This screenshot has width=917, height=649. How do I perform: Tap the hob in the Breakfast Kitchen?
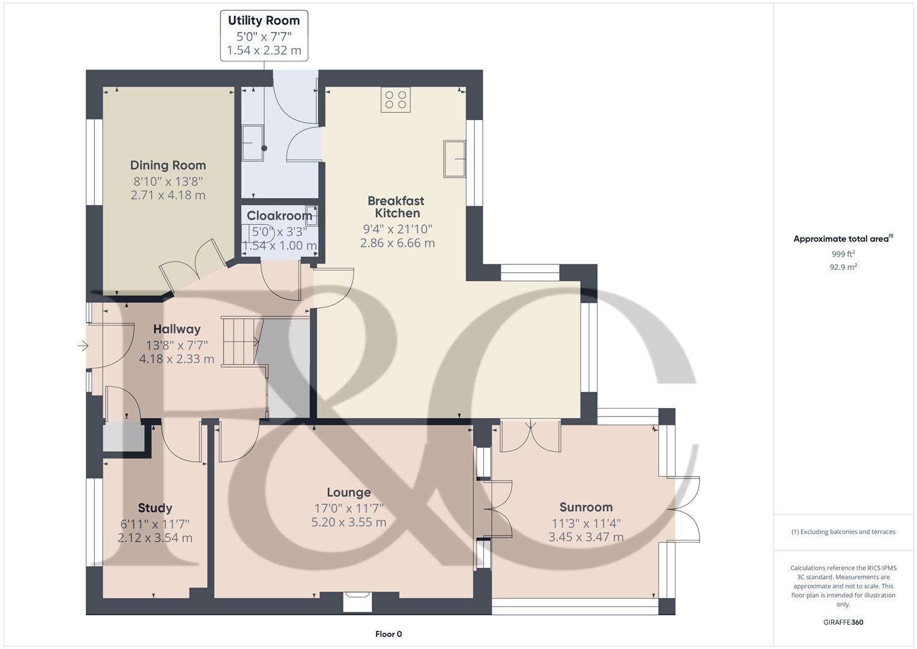(396, 100)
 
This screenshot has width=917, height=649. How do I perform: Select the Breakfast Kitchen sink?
(455, 159)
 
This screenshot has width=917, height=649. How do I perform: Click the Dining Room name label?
(168, 165)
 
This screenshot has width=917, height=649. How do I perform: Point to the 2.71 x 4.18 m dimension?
(168, 195)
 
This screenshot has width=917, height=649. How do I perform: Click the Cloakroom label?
(279, 216)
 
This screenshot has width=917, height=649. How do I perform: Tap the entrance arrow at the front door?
(83, 346)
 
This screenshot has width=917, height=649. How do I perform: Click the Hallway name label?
(177, 329)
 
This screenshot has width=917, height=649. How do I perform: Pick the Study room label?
(155, 508)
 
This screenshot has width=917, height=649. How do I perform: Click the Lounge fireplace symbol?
(357, 601)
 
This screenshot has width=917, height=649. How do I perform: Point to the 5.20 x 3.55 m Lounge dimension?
(348, 522)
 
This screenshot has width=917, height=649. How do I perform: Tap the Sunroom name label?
(586, 507)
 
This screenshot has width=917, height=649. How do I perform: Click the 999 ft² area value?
(843, 254)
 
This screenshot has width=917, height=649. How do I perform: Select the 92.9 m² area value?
(843, 267)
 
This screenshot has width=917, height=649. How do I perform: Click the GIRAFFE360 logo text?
(843, 622)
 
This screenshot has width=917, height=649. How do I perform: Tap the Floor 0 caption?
(389, 634)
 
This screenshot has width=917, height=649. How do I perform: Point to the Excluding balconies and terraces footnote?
(843, 532)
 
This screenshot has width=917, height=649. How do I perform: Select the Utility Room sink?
(252, 143)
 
